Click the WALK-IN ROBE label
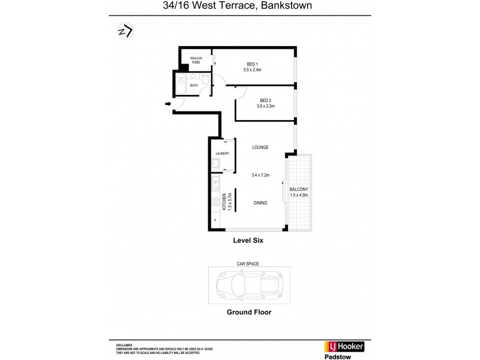click(196, 60)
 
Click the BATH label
click(194, 85)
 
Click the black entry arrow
click(168, 105)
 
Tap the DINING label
click(260, 203)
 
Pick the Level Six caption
click(248, 240)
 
